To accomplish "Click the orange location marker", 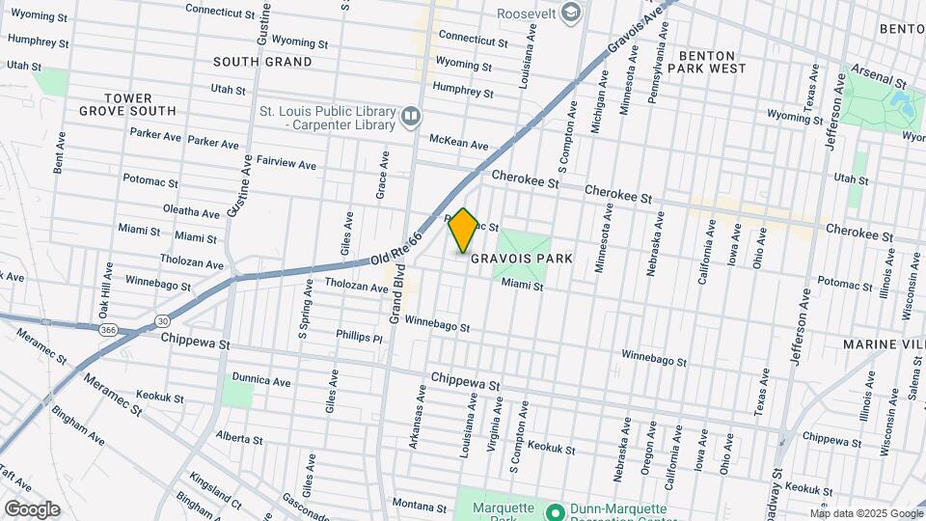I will [464, 231].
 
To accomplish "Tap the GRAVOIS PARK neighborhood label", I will [522, 259].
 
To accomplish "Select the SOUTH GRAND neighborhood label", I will [262, 62].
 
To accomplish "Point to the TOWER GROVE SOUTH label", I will [141, 104].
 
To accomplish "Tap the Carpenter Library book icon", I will [411, 118].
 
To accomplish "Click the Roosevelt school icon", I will [571, 13].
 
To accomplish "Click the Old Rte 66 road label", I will [398, 248].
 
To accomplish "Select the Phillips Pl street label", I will [359, 338].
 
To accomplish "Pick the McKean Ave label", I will [459, 142].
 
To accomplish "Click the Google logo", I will [32, 508].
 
